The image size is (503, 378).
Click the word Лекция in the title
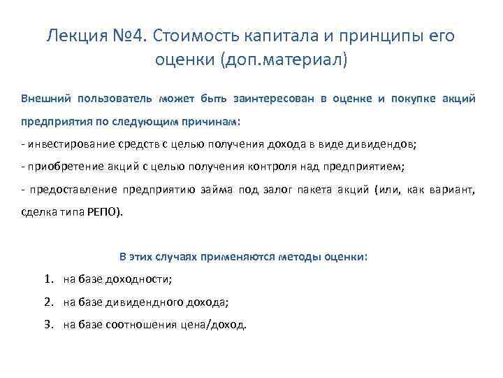coord(73,35)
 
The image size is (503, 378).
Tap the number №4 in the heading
coord(124,35)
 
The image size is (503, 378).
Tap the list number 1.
coord(48,279)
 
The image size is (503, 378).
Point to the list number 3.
coord(48,325)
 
